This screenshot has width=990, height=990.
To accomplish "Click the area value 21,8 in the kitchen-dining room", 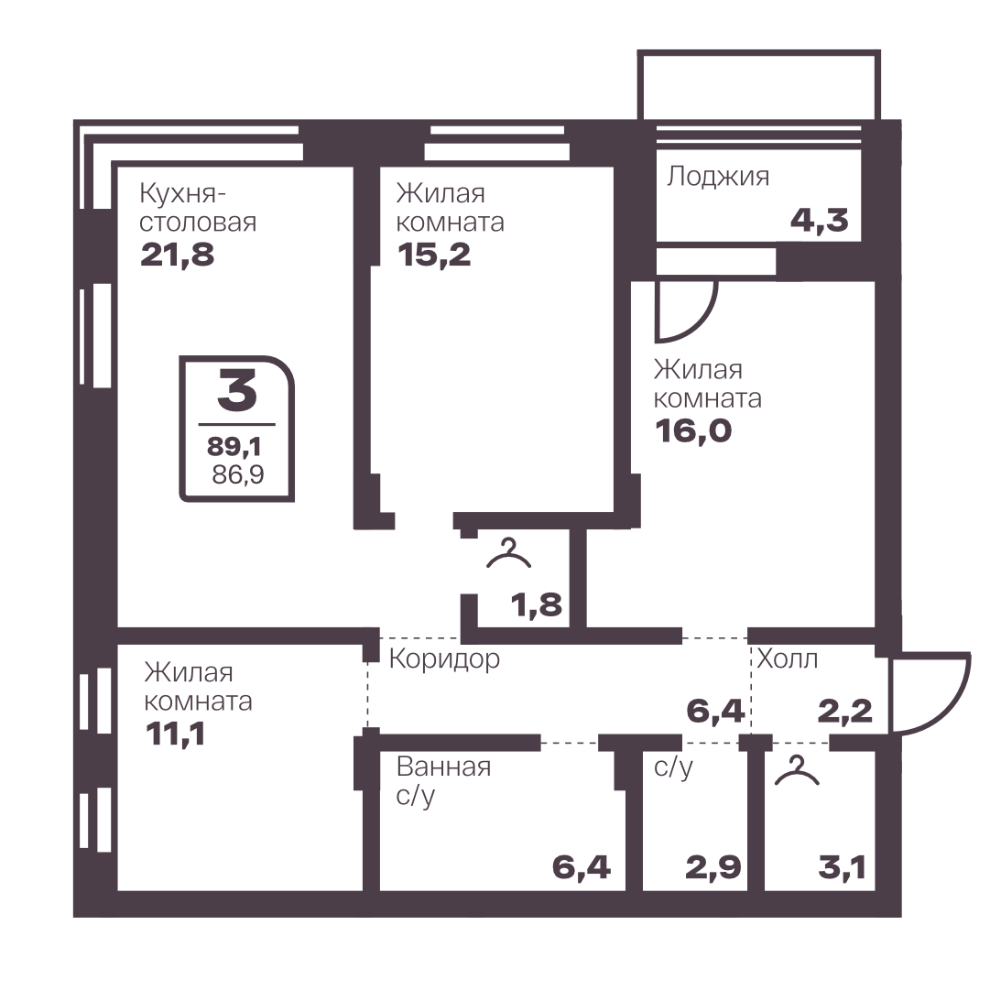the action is pos(178,255).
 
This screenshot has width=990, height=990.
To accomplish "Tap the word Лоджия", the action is pos(718,177).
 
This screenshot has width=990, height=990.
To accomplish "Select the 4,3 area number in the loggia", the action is pos(820,221).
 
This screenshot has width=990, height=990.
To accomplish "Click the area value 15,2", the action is pos(434,255).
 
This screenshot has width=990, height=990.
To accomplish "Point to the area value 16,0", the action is pos(693,430).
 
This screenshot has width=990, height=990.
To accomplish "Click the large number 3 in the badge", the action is pos(237,389).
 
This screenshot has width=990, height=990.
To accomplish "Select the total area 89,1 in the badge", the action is pos(234,446).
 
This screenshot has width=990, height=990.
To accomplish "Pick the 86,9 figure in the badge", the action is pos(238,474).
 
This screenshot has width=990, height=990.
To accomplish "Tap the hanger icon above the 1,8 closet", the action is pos(509,554).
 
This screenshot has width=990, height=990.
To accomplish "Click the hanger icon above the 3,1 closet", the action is pos(797,770).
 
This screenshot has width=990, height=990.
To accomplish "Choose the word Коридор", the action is pos(444,658).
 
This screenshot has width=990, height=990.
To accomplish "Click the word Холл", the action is pos(788,658).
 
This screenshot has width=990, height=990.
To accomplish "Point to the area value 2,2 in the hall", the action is pos(844,712).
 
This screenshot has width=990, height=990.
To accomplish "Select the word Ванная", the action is pos(444,767).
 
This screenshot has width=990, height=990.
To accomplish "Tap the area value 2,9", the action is pos(713,867).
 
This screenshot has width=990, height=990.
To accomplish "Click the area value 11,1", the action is pos(176,734).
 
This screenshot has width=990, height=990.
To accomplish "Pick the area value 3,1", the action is pos(843,867).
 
